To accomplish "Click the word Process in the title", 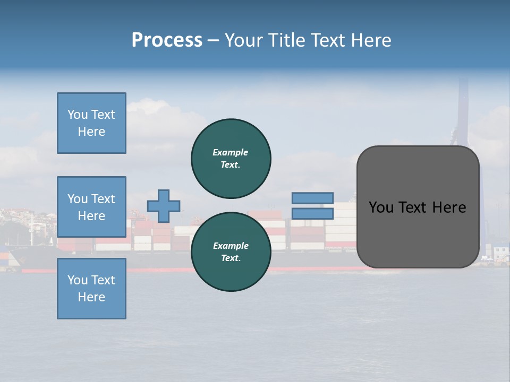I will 167,40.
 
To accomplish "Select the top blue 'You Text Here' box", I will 91,123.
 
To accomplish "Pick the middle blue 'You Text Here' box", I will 91,207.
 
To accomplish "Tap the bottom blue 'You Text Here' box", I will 91,289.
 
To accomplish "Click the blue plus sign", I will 164,206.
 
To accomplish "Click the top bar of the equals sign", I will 312,198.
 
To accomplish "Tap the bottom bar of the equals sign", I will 312,214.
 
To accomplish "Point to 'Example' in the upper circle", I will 231,152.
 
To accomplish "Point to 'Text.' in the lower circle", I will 231,258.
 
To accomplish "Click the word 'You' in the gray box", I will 381,207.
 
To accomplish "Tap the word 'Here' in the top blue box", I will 91,132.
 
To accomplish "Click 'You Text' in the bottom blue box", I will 91,280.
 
